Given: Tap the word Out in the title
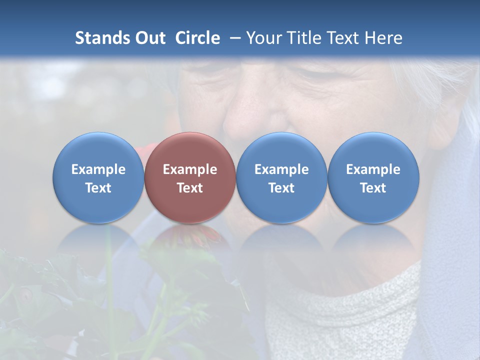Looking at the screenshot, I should [151, 38].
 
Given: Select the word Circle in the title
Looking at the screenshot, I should [197, 38].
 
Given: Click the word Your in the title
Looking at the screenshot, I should [262, 38].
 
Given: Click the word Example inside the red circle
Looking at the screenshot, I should [190, 169].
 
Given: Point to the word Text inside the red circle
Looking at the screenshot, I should [190, 188].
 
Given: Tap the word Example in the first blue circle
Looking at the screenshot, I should [98, 169].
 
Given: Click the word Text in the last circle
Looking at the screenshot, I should [373, 188].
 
